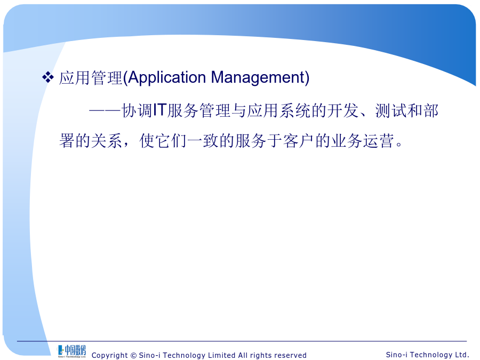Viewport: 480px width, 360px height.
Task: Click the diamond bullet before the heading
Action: (48, 77)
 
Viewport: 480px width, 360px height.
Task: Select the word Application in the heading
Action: (167, 78)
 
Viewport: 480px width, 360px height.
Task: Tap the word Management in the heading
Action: (258, 78)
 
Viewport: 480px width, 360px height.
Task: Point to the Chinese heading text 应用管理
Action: (91, 78)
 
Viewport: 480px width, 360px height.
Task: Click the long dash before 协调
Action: (105, 111)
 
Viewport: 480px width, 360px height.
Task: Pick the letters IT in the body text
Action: (159, 110)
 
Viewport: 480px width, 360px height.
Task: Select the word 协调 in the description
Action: (137, 110)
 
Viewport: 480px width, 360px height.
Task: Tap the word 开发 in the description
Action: (343, 110)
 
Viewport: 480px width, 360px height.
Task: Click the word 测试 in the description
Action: (391, 110)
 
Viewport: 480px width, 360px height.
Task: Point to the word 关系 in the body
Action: (107, 141)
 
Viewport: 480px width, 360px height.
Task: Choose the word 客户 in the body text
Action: (299, 141)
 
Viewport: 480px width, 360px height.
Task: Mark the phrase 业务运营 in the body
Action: (363, 141)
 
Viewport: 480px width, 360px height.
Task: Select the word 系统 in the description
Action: (295, 110)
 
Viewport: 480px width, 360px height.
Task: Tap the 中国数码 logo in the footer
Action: (71, 351)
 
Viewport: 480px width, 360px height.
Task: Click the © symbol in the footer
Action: (133, 355)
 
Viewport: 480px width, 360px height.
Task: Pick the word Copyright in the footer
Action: (109, 355)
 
